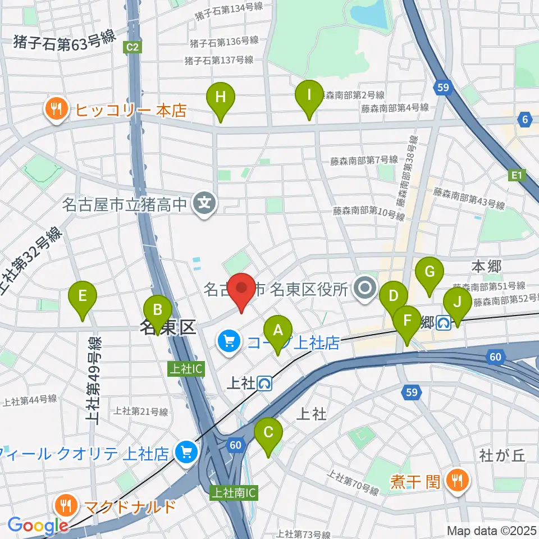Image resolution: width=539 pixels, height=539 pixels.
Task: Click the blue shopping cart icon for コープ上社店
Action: (x=229, y=342)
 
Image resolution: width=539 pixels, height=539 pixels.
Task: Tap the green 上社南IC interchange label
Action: (x=234, y=493)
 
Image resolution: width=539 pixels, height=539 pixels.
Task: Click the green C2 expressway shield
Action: (x=133, y=47)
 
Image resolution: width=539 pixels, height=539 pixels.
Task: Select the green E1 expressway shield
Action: (x=517, y=177)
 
